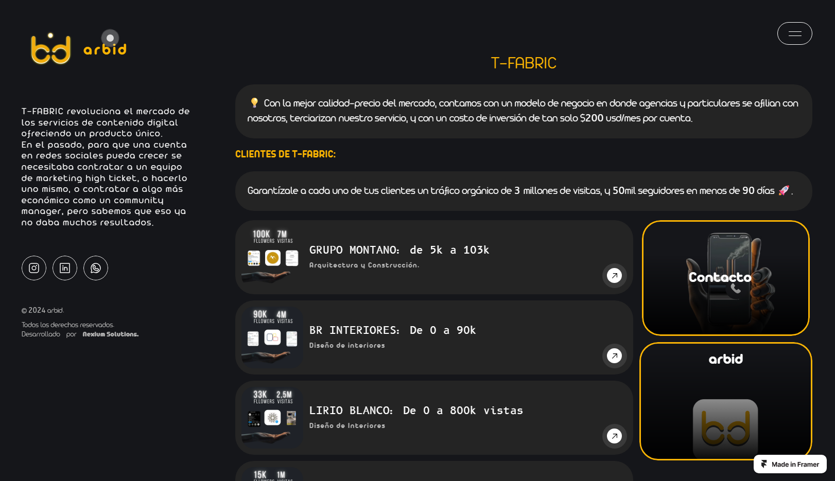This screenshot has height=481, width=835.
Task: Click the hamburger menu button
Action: click(794, 33)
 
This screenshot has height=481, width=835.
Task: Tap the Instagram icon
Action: click(34, 268)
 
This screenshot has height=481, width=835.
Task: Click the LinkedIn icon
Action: click(65, 268)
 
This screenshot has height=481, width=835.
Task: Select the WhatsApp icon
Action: click(96, 268)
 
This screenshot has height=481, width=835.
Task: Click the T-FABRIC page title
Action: click(524, 63)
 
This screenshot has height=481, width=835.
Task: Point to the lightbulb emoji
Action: click(254, 103)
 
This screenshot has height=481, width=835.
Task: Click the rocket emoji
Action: click(784, 190)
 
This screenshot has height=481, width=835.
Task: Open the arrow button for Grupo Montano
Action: click(614, 276)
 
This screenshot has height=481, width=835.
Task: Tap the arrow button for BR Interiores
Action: click(614, 356)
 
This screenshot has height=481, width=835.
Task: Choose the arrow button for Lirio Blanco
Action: click(614, 436)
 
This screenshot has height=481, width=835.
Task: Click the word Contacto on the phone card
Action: click(720, 277)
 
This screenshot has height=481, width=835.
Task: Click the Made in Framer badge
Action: click(790, 464)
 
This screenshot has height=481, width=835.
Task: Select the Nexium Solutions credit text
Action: click(110, 334)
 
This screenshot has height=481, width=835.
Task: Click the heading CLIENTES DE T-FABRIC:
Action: click(285, 154)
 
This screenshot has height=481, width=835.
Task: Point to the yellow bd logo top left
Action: click(50, 49)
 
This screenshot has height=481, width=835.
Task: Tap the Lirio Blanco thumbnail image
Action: click(272, 417)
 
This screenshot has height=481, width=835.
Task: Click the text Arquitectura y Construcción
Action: click(364, 265)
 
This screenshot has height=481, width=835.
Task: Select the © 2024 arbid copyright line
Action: click(43, 310)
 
